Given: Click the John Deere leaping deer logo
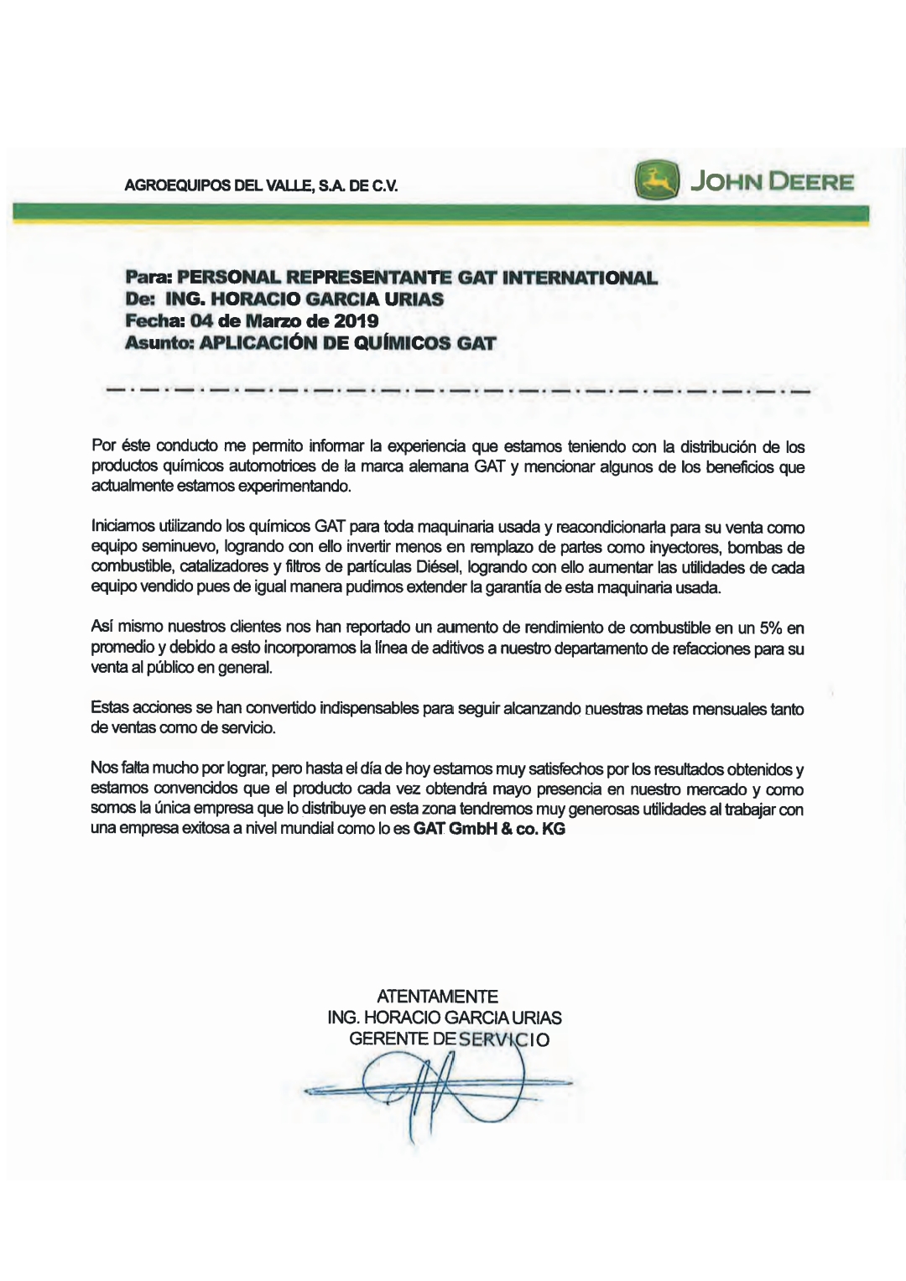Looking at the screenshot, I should (656, 181).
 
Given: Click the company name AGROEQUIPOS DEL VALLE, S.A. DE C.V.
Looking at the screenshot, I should (261, 185).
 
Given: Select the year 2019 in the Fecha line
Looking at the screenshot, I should (356, 321).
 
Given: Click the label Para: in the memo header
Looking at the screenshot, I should (148, 278).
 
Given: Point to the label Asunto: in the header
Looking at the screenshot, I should (159, 343).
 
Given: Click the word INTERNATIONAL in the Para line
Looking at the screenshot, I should (579, 278).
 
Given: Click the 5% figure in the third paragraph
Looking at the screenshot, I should (769, 627).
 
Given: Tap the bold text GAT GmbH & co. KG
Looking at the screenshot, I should (489, 829).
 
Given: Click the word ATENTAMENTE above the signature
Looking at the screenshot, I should (437, 997).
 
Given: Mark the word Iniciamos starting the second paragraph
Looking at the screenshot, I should (122, 527).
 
